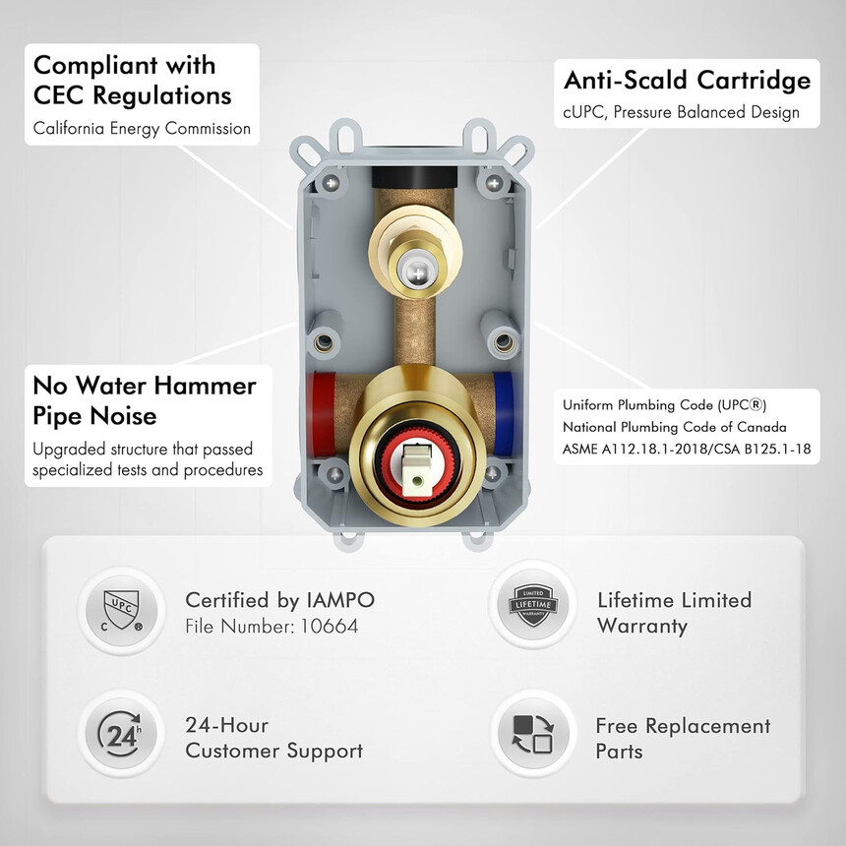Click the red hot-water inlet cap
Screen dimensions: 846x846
click(x=322, y=413)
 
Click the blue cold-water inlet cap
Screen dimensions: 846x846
click(x=504, y=414)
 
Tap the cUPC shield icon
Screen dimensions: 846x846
click(x=121, y=610)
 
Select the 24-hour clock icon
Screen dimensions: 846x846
click(x=120, y=734)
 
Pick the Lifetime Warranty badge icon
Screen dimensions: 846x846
click(x=533, y=605)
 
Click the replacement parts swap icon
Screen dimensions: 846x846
click(x=533, y=734)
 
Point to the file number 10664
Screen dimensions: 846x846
click(x=330, y=626)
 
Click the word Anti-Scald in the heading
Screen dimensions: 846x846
click(x=626, y=80)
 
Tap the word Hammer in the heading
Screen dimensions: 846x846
click(x=205, y=386)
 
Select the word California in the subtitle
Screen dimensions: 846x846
click(x=69, y=129)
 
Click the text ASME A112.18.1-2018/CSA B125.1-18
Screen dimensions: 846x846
click(x=687, y=449)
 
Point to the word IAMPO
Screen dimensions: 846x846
click(x=340, y=600)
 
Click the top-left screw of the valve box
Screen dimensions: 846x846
click(x=331, y=183)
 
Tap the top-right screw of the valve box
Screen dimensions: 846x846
click(x=494, y=183)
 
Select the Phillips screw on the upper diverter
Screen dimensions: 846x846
click(x=417, y=273)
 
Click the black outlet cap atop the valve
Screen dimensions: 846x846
click(x=414, y=177)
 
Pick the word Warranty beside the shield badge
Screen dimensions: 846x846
click(x=642, y=627)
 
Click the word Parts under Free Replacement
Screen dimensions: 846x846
click(x=619, y=752)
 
